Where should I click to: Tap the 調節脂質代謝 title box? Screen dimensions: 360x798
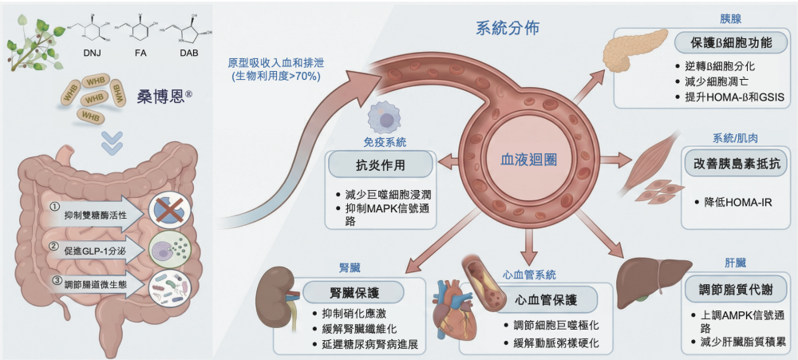730,287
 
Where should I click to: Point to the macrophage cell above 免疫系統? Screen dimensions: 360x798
381,120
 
